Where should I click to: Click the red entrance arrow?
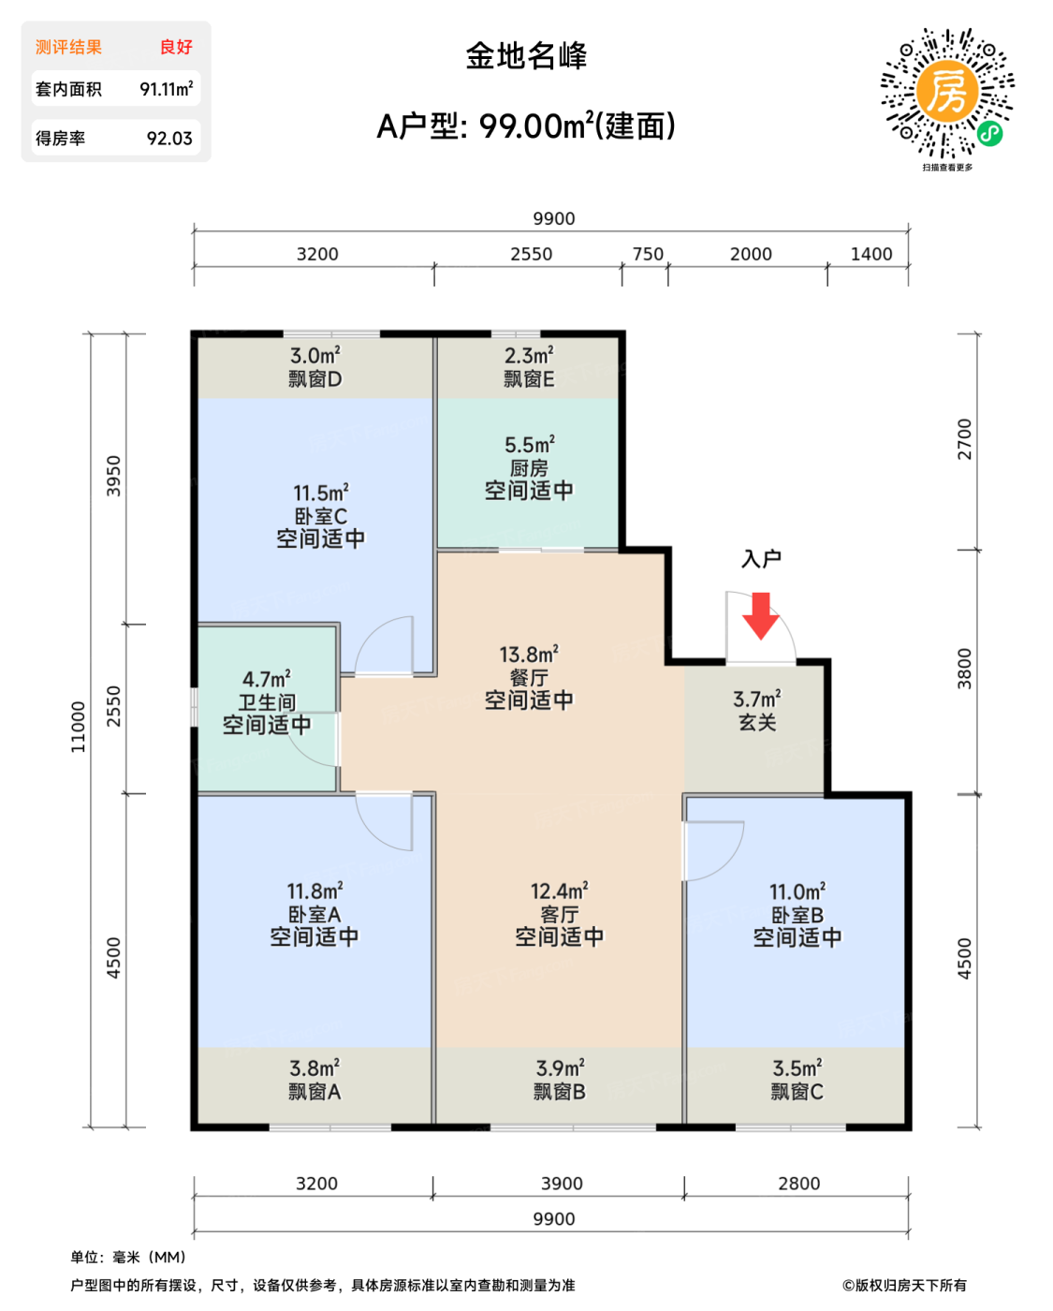click(x=761, y=616)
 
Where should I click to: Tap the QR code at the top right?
click(x=947, y=93)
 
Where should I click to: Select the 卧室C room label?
click(x=321, y=517)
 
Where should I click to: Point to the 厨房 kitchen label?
click(x=529, y=468)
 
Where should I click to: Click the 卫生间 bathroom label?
click(x=267, y=702)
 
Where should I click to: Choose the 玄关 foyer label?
click(x=757, y=723)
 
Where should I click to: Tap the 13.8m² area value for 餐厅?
click(x=529, y=655)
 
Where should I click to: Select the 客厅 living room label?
click(x=559, y=914)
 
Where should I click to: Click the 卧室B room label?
click(x=797, y=915)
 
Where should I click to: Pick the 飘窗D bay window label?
click(x=314, y=379)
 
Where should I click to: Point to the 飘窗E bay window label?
click(x=529, y=379)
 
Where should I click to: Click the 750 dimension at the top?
click(x=648, y=254)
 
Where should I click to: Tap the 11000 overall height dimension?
click(x=78, y=727)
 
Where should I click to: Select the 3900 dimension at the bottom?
click(x=562, y=1183)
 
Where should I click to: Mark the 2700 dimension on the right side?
click(x=965, y=439)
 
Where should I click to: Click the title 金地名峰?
click(x=526, y=56)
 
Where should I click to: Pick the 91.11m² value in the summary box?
click(x=167, y=89)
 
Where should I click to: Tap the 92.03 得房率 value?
click(x=169, y=139)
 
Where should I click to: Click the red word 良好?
click(x=176, y=47)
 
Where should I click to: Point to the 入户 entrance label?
click(x=761, y=559)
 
